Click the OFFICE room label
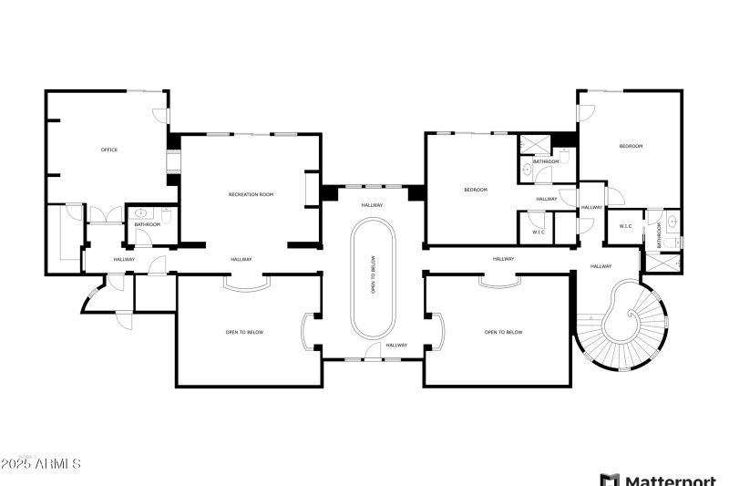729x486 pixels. pos(108,150)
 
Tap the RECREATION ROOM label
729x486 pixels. pos(251,194)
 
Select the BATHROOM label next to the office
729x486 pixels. pos(148,224)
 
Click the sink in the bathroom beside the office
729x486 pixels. pos(140,213)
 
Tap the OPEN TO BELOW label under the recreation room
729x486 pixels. pos(244,332)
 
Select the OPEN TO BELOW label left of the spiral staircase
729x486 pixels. pos(503,332)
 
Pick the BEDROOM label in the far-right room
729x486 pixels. pos(631,146)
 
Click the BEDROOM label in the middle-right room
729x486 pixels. pos(476,190)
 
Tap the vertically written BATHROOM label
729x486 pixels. pos(658,235)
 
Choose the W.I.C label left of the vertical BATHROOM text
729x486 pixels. pos(626,225)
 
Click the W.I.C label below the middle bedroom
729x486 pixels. pos(538,232)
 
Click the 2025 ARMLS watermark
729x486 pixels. pos(41,464)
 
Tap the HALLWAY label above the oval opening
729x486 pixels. pos(373,204)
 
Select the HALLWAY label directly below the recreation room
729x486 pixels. pos(241,259)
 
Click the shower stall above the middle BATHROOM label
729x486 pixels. pos(529,146)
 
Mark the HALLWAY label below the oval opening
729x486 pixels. pos(396,345)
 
